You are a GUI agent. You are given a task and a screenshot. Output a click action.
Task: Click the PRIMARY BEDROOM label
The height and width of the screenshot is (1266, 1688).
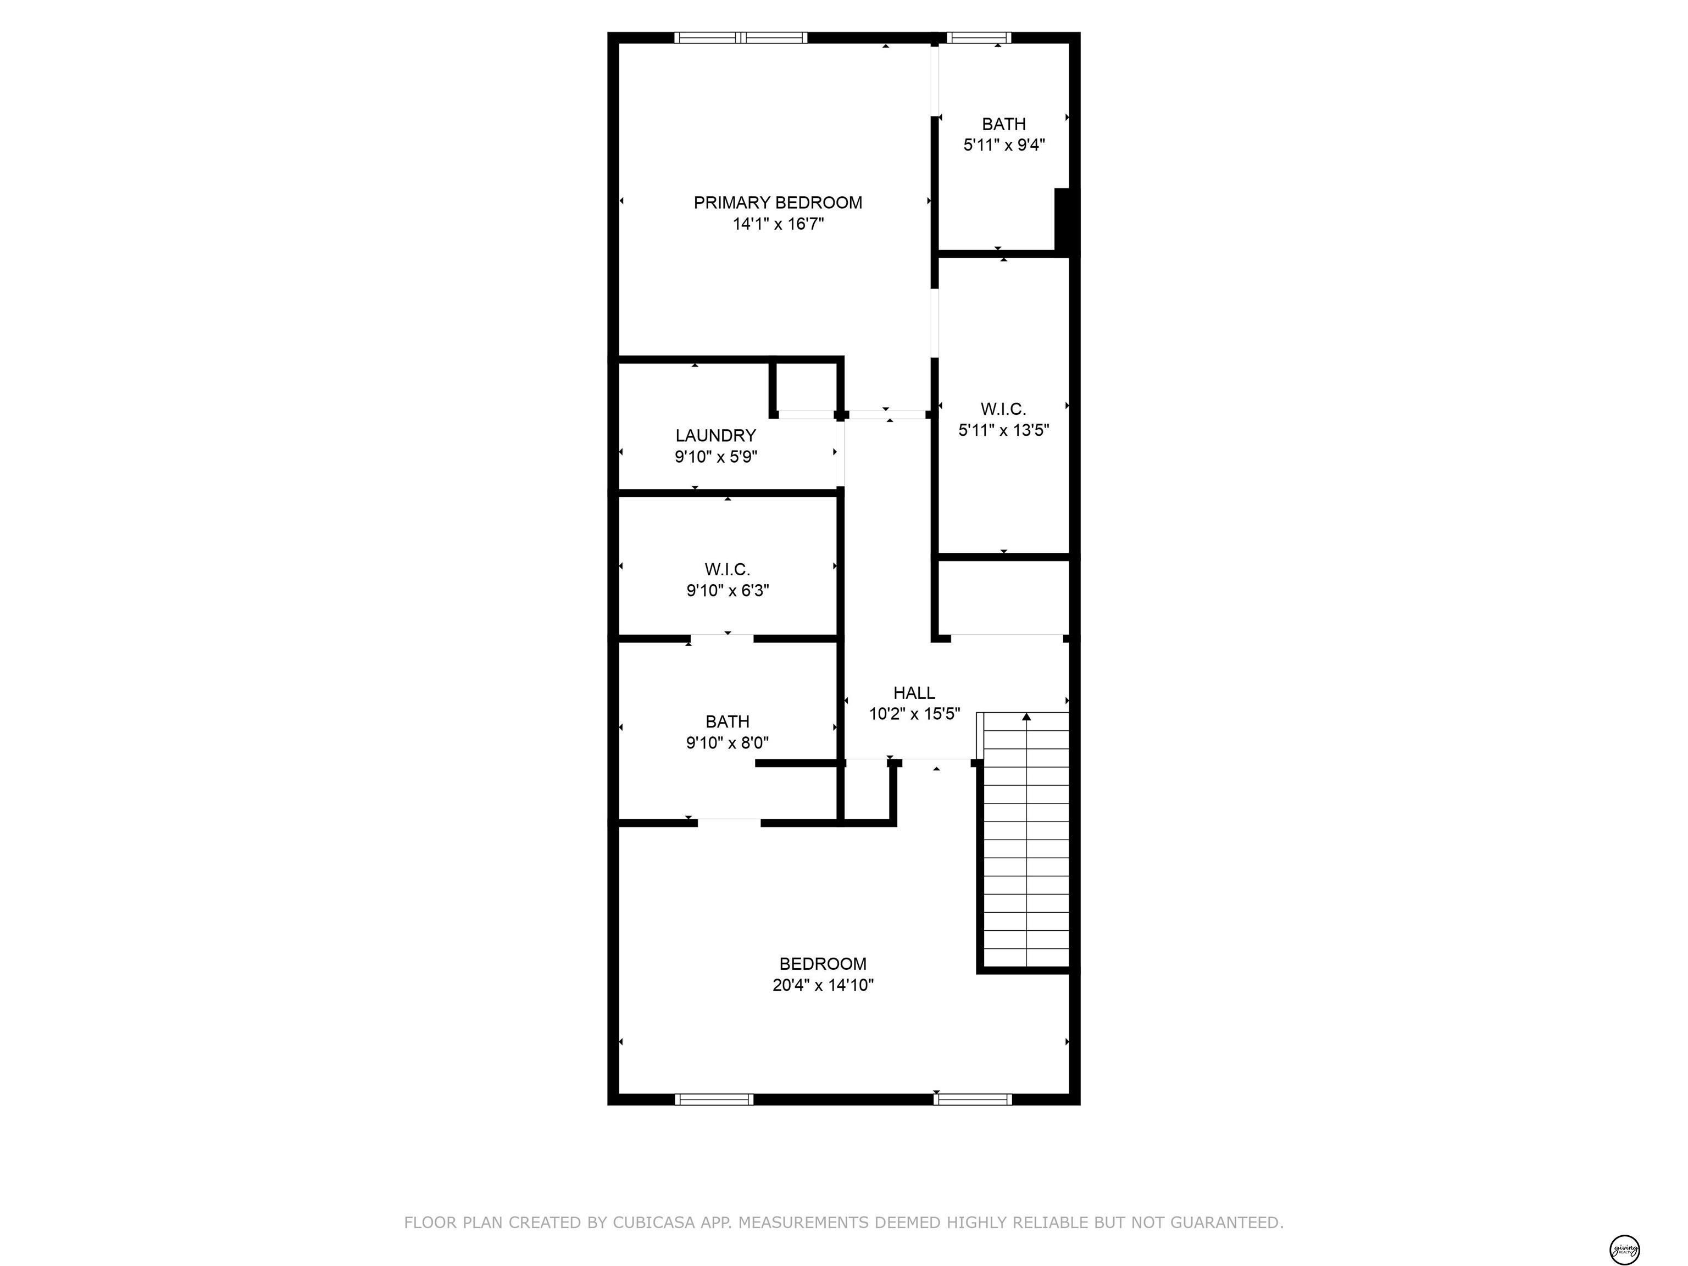tap(778, 203)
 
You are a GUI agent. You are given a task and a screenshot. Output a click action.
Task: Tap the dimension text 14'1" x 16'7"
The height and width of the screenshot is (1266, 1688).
tap(779, 224)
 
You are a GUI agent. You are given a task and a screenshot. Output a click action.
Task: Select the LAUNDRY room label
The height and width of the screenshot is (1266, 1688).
tap(715, 436)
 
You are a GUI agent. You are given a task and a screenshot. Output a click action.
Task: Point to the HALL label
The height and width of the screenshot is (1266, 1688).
tap(914, 693)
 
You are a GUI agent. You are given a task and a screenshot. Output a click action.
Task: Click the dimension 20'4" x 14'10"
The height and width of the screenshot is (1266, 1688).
tap(823, 985)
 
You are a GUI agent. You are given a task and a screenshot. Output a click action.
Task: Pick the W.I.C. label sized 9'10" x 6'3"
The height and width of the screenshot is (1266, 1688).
tap(728, 570)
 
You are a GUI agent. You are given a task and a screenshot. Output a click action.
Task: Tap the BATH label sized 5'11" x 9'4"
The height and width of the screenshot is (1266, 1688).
tap(1003, 124)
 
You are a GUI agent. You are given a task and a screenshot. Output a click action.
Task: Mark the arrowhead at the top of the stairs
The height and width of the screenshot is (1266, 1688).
tap(1026, 717)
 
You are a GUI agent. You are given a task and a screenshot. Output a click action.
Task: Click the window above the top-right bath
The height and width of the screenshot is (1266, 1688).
tap(979, 37)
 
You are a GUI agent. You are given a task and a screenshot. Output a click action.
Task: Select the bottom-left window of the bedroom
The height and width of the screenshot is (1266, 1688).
tap(714, 1100)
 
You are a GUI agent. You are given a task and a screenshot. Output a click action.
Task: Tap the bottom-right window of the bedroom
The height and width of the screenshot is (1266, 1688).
tap(973, 1100)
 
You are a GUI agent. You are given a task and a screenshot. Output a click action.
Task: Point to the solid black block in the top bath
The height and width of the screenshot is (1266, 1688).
tap(1065, 220)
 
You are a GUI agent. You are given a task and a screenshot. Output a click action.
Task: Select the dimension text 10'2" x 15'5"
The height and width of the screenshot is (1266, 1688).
tap(914, 714)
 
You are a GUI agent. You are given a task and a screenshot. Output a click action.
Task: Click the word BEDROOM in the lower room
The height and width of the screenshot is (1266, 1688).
tap(823, 964)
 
